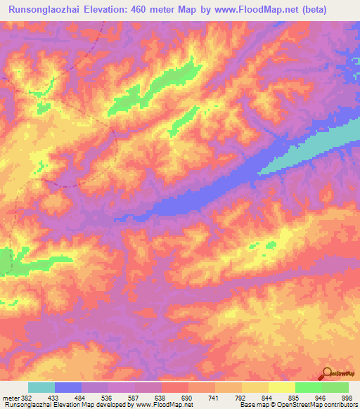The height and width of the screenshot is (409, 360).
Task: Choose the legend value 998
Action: coord(346,398)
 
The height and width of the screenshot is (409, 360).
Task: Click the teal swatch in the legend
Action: coord(41,387)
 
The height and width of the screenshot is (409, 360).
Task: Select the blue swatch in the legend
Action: coord(68,387)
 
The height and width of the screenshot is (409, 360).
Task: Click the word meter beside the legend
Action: coord(10,398)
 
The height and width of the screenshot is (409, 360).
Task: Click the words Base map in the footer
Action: coord(252,405)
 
